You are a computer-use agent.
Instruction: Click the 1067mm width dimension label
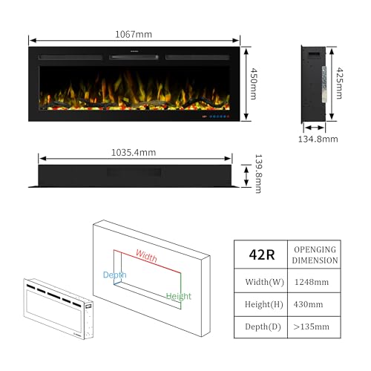point(134,34)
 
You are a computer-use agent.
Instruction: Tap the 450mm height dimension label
point(254,84)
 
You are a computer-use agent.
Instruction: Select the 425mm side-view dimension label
point(339,83)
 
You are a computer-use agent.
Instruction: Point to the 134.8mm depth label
point(318,139)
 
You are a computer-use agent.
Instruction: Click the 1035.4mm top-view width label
point(134,153)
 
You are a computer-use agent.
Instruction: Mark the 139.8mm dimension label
point(258,174)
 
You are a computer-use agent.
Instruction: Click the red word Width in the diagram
point(146,256)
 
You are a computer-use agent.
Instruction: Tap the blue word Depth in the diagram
point(114,275)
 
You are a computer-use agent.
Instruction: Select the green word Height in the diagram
point(179,296)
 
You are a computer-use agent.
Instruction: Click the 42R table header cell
point(261,255)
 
